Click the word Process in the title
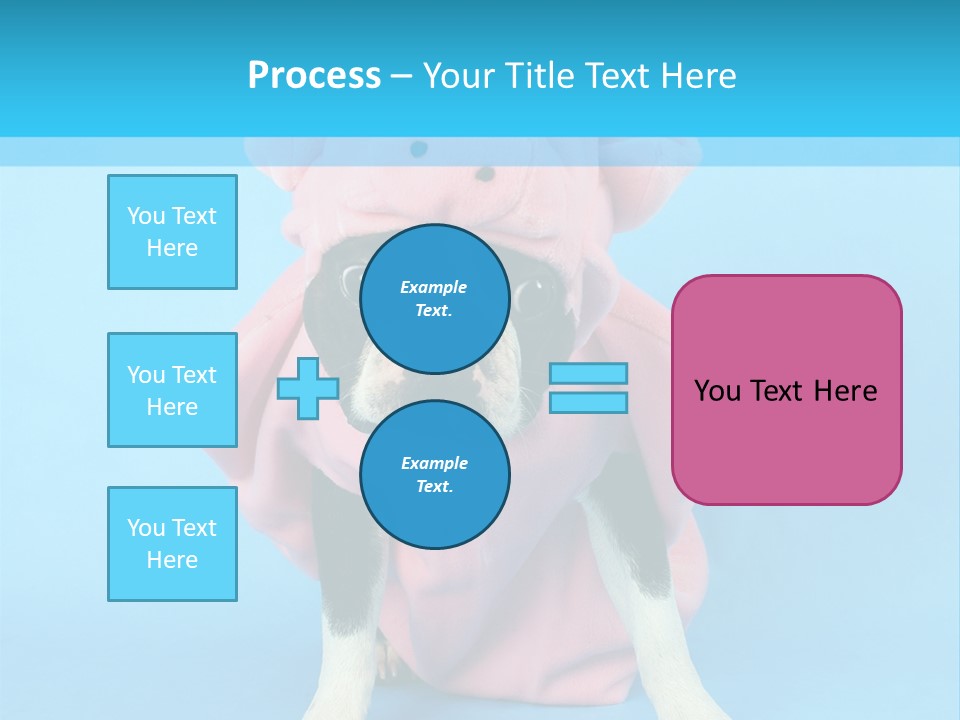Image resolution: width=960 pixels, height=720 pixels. [x=314, y=75]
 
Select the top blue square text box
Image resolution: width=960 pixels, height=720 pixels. [x=172, y=232]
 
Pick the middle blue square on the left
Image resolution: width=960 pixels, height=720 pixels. [x=172, y=390]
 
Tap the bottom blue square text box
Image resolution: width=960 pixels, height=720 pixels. [x=172, y=544]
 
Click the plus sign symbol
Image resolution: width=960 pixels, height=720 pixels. [x=307, y=388]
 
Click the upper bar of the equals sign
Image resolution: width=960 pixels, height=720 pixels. [x=588, y=373]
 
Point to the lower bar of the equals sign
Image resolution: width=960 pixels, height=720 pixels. [x=588, y=402]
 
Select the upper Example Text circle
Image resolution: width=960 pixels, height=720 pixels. [x=434, y=298]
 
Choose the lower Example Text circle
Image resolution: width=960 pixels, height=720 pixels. [x=434, y=474]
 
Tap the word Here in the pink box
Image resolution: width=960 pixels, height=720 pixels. [x=845, y=391]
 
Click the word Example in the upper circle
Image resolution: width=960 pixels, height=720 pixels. [x=433, y=287]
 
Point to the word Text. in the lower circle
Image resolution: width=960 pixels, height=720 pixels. [x=434, y=486]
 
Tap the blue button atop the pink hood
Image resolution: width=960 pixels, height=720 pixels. [x=418, y=149]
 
